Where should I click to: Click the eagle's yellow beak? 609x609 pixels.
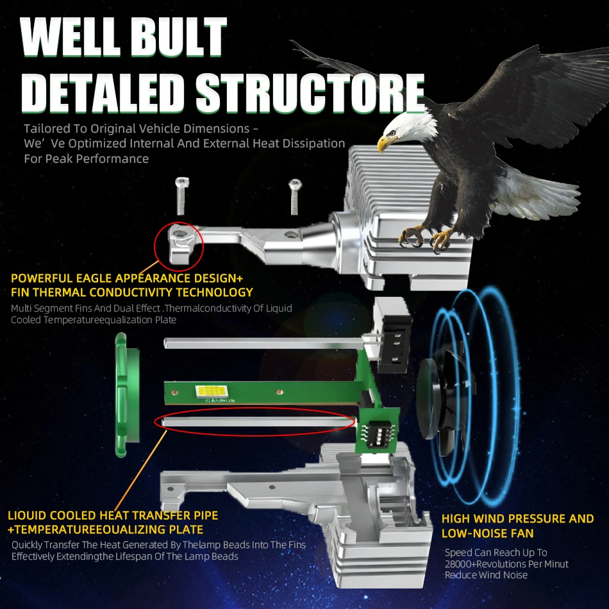tap(385, 144)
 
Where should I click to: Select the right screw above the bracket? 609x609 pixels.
tap(294, 196)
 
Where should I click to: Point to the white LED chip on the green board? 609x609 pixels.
tap(214, 389)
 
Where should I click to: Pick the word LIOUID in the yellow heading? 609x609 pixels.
tap(31, 515)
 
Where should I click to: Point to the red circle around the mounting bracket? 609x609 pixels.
tap(179, 244)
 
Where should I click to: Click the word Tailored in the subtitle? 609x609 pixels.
tap(45, 129)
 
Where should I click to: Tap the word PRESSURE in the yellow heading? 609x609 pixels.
tap(531, 519)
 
